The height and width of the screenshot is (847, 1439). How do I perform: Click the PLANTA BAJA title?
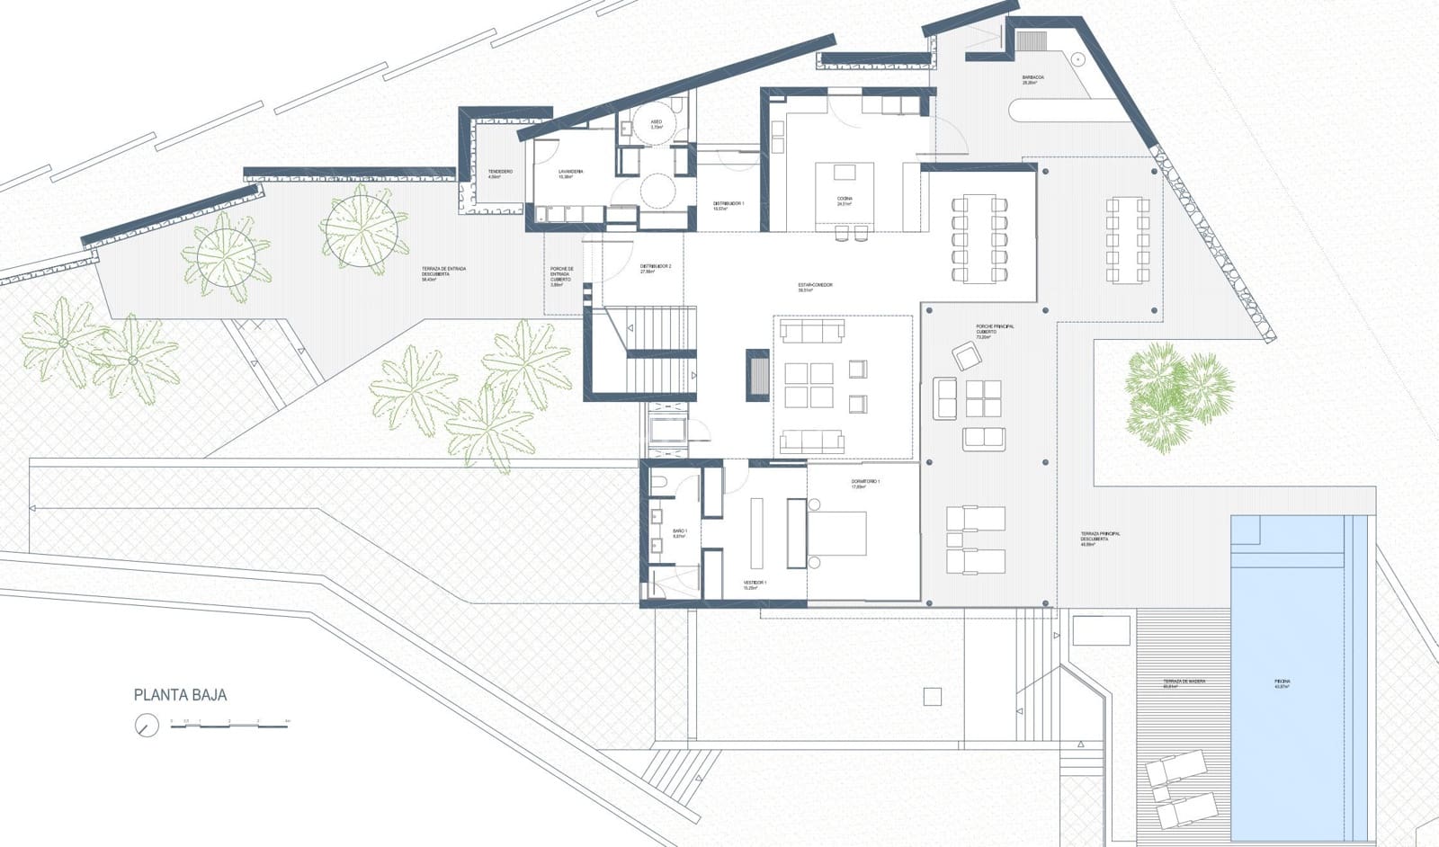[x=180, y=695]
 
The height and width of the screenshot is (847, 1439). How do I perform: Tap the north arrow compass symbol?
[x=146, y=725]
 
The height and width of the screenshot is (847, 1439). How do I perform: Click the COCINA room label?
[x=844, y=201]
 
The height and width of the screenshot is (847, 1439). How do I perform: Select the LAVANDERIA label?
[x=571, y=174]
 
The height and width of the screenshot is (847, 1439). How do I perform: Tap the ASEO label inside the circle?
[x=657, y=124]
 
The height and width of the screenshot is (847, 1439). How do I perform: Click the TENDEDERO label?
[x=500, y=174]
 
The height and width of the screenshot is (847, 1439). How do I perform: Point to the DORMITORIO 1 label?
[x=865, y=484]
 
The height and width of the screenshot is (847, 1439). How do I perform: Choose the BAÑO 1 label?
[x=680, y=533]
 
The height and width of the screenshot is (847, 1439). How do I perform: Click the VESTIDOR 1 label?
[x=755, y=584]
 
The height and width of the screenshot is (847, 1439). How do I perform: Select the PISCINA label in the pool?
[x=1283, y=683]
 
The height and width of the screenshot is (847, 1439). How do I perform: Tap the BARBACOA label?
[x=1032, y=80]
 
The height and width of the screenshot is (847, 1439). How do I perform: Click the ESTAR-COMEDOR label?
[x=815, y=287]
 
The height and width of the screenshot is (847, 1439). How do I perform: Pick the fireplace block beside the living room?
[x=757, y=373]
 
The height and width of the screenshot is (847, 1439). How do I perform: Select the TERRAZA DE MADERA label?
[x=1183, y=683]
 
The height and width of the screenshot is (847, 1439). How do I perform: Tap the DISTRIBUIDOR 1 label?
[x=728, y=206]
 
